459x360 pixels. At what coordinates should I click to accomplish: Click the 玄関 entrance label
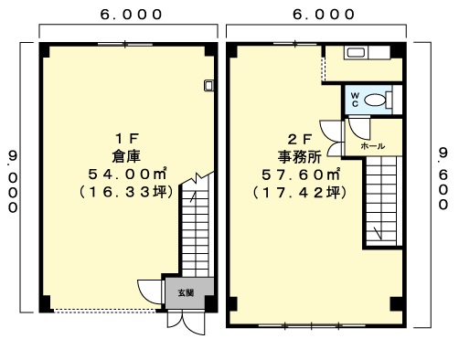[x=186, y=293]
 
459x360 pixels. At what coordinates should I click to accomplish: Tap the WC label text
[x=355, y=100]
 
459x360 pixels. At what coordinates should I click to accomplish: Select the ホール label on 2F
[x=373, y=146]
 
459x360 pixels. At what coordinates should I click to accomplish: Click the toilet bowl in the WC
[x=375, y=100]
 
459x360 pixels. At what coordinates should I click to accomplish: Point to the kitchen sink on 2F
[x=356, y=53]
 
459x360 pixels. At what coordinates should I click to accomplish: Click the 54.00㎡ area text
[x=127, y=175]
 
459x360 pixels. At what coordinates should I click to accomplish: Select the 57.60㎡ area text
[x=301, y=175]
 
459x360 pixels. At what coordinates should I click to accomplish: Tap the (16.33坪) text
[x=126, y=192]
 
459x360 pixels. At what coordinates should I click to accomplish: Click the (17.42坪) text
[x=300, y=193]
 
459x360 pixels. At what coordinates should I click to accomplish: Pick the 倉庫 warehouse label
[x=127, y=156]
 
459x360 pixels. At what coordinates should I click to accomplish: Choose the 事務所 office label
[x=300, y=157]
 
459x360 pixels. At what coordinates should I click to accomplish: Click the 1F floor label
[x=127, y=139]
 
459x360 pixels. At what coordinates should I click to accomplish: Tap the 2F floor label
[x=300, y=140]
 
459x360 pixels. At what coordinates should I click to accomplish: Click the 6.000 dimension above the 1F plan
[x=131, y=15]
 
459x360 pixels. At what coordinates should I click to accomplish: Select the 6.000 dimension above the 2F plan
[x=324, y=15]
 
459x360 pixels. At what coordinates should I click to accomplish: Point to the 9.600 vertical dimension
[x=443, y=178]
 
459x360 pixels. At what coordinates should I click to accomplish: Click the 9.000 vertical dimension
[x=13, y=182]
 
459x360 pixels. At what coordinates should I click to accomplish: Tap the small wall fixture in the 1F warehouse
[x=208, y=85]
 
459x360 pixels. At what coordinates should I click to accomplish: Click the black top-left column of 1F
[x=45, y=50]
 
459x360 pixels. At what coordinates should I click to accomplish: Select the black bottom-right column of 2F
[x=398, y=304]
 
